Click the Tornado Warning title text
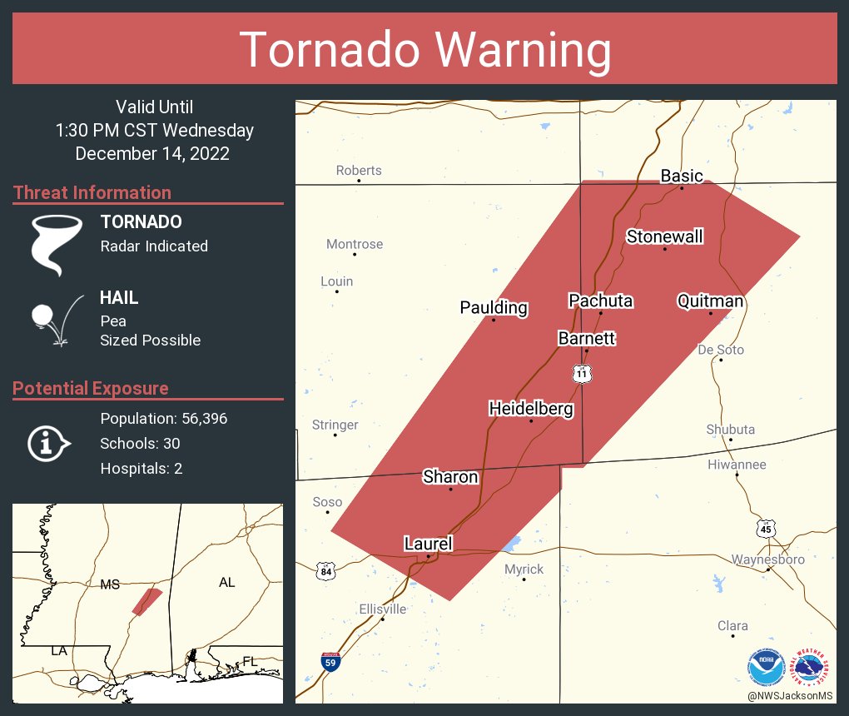(424, 50)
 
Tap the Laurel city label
(428, 544)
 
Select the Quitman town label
(710, 301)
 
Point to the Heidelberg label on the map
(531, 409)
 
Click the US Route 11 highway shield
(583, 374)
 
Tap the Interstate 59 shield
(331, 663)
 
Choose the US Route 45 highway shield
(766, 528)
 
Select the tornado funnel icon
(56, 245)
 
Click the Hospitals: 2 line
(141, 469)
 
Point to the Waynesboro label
(767, 559)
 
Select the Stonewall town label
(664, 236)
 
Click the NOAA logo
(766, 666)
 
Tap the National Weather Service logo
(812, 666)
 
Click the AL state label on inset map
(226, 582)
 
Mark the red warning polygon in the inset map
(147, 601)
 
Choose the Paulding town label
(494, 307)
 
